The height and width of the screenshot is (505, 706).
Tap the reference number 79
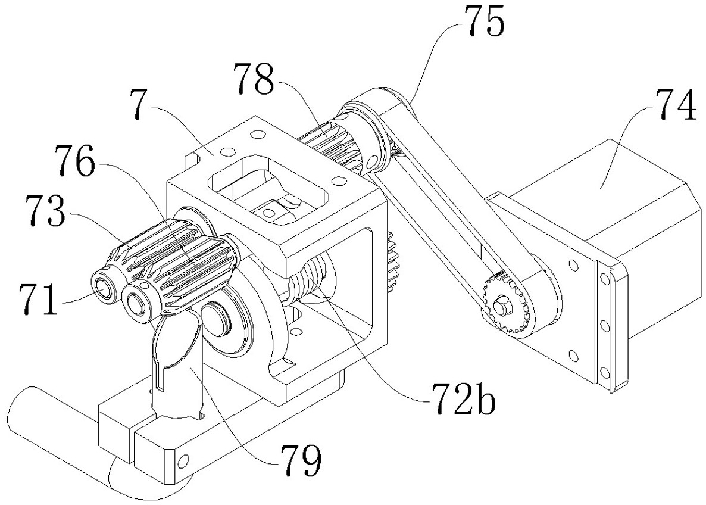[301, 460]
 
